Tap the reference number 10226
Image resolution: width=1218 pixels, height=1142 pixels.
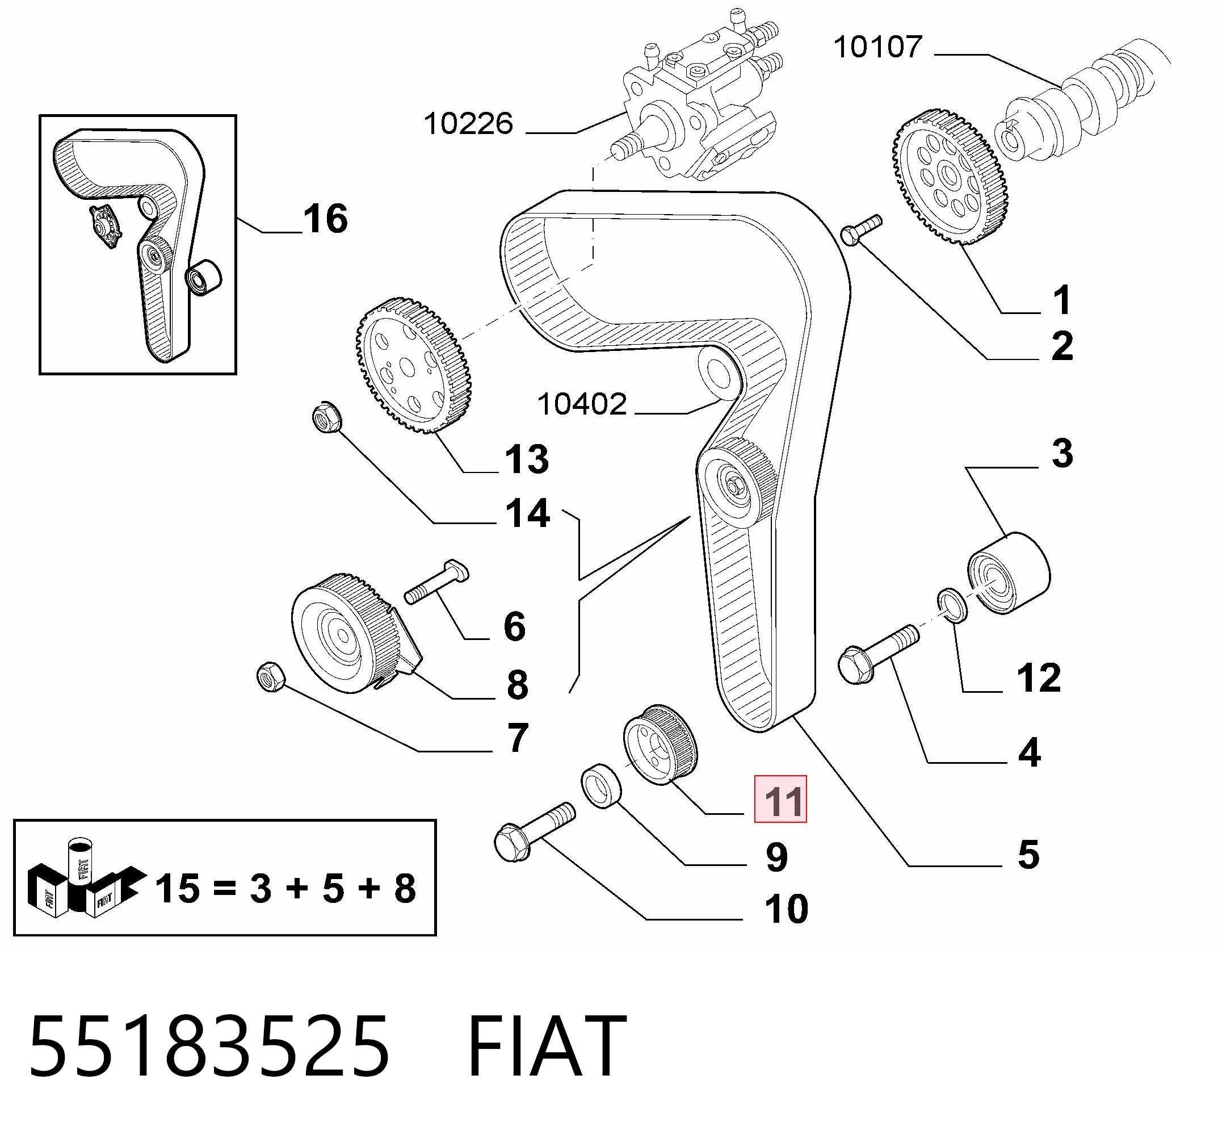coord(468,124)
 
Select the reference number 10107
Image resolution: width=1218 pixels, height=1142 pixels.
coord(878,47)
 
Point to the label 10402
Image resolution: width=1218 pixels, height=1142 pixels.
coord(582,404)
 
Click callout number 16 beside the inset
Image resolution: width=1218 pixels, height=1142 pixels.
coord(325,219)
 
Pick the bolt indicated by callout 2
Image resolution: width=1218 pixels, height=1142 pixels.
coord(862,229)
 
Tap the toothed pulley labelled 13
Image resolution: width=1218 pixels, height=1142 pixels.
coord(414,365)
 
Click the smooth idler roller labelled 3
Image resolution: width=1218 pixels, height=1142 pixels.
coord(1009,573)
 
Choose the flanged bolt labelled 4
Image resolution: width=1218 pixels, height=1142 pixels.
coord(878,655)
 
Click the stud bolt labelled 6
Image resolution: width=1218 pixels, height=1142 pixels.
coord(437,581)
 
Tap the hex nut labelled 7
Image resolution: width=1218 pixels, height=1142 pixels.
coord(271,677)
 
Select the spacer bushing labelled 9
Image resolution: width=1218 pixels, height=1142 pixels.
coord(601,786)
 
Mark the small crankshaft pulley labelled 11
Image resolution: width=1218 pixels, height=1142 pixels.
coord(661,744)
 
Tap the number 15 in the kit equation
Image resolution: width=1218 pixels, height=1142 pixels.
coord(178,889)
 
